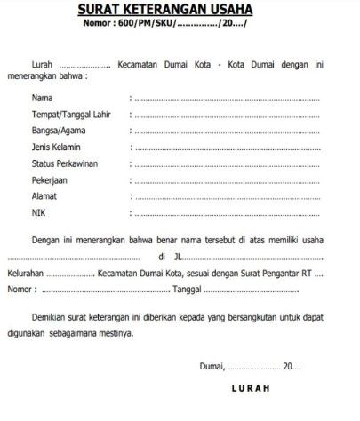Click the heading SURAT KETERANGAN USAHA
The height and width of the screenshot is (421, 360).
(x=180, y=10)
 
